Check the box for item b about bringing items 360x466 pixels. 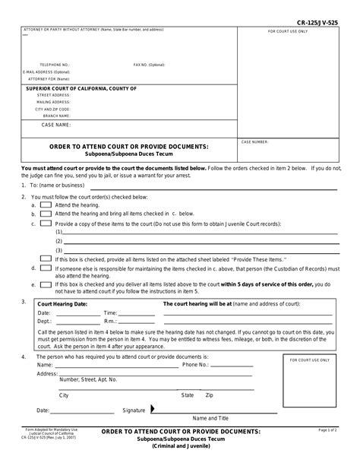click(x=46, y=214)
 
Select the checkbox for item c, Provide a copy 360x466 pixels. click(x=46, y=224)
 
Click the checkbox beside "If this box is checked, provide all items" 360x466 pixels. click(x=46, y=258)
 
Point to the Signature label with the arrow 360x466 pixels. click(x=137, y=410)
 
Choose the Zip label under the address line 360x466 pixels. click(x=210, y=395)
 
